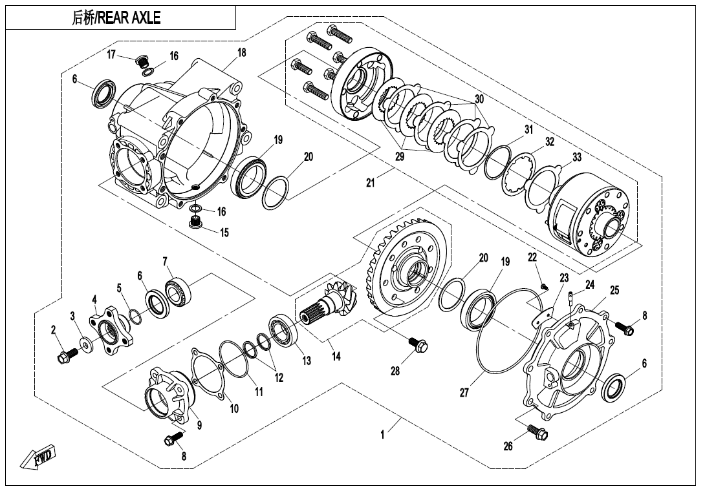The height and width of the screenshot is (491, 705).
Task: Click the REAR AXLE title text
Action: pos(116,18)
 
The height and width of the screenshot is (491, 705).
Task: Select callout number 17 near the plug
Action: pos(111,55)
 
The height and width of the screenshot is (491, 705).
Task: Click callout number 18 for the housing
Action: pos(241,53)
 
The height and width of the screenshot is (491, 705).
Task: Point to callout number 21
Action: pos(371,183)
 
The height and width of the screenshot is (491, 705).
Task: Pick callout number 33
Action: pos(577,157)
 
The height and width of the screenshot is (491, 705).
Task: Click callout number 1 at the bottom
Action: pos(382,435)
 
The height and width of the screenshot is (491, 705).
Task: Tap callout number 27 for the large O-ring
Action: pos(464,393)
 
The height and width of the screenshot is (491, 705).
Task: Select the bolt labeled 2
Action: pos(67,355)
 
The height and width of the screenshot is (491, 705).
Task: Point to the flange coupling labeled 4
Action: pos(111,329)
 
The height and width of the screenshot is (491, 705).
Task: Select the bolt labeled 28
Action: pos(419,346)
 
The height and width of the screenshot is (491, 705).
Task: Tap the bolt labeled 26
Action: pos(536,431)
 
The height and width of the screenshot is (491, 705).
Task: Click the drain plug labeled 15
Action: pos(195,225)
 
